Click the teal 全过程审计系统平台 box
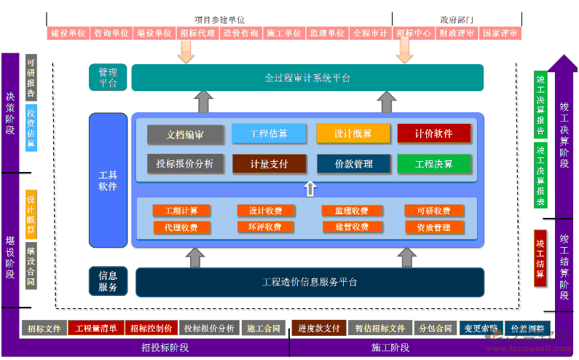[x=307, y=77]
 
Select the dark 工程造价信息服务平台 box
[x=310, y=282]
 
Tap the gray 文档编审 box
[x=184, y=134]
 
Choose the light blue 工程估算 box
[x=269, y=133]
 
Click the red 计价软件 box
[x=433, y=133]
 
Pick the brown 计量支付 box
[x=269, y=164]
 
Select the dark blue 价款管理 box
[x=353, y=164]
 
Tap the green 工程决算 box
[x=433, y=164]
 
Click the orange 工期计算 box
[x=181, y=211]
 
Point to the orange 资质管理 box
[x=434, y=227]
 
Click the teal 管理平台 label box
[x=108, y=77]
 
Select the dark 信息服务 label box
[x=108, y=281]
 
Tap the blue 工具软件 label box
[x=108, y=180]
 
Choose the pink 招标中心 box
[x=414, y=34]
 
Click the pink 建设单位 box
[x=69, y=34]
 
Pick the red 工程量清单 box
[x=97, y=329]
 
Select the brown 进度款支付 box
[x=318, y=329]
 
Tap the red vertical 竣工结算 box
[x=540, y=258]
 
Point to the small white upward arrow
[x=310, y=189]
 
